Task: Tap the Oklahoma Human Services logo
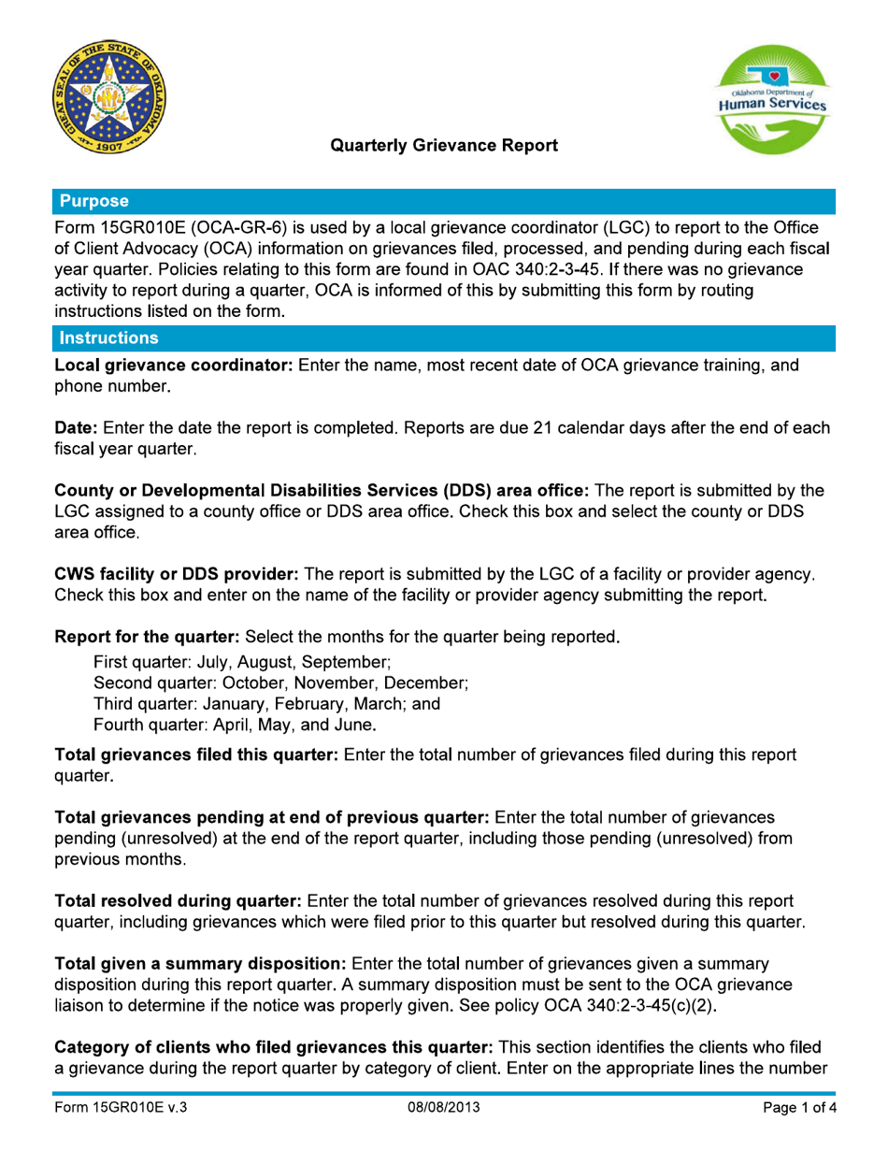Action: pyautogui.click(x=770, y=100)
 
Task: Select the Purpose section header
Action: pyautogui.click(x=93, y=200)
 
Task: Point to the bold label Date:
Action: pyautogui.click(x=78, y=428)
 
